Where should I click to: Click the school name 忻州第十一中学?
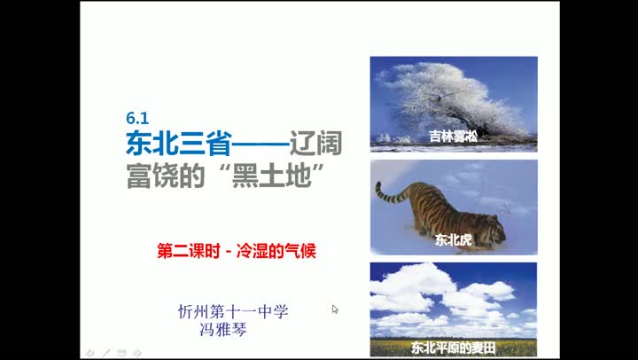click(x=233, y=312)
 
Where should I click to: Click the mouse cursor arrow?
click(x=335, y=309)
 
